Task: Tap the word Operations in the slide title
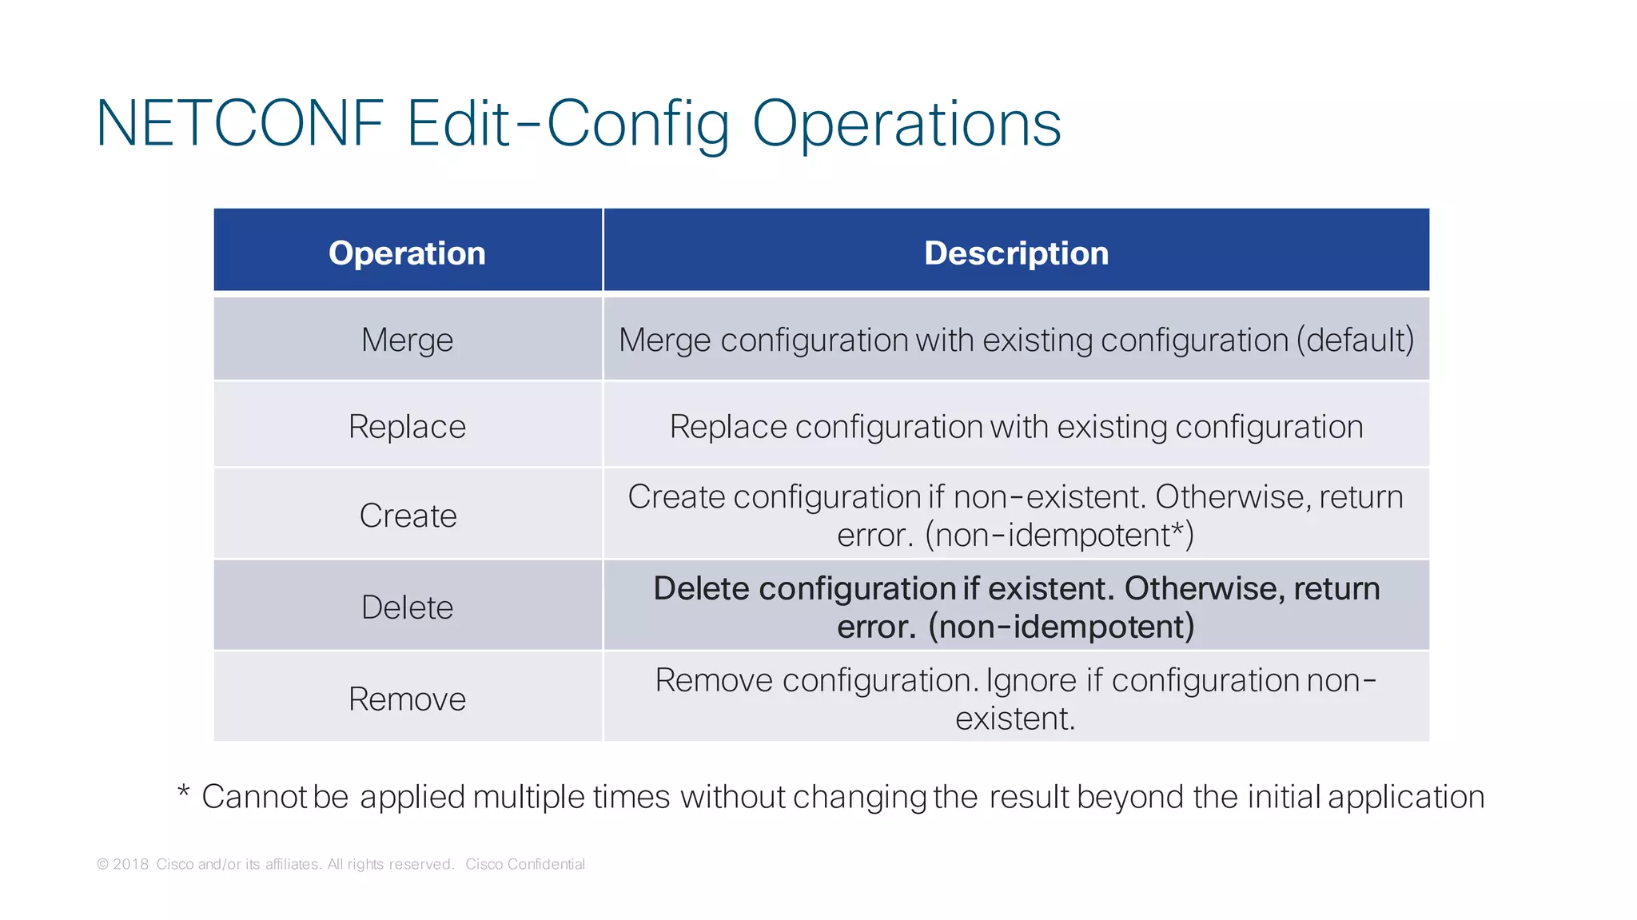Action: click(906, 124)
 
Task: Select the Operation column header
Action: click(407, 253)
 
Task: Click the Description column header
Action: click(1016, 253)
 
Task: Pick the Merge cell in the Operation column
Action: click(407, 340)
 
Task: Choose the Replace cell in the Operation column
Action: click(407, 426)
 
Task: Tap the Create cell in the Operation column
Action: click(408, 516)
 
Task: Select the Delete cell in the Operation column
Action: click(407, 607)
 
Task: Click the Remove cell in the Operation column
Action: click(407, 699)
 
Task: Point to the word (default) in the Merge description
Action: click(1355, 341)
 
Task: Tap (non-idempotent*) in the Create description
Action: click(1059, 535)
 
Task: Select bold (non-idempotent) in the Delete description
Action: click(1061, 627)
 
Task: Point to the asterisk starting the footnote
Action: click(184, 793)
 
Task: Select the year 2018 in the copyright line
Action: click(131, 864)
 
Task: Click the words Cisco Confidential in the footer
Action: click(525, 864)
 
